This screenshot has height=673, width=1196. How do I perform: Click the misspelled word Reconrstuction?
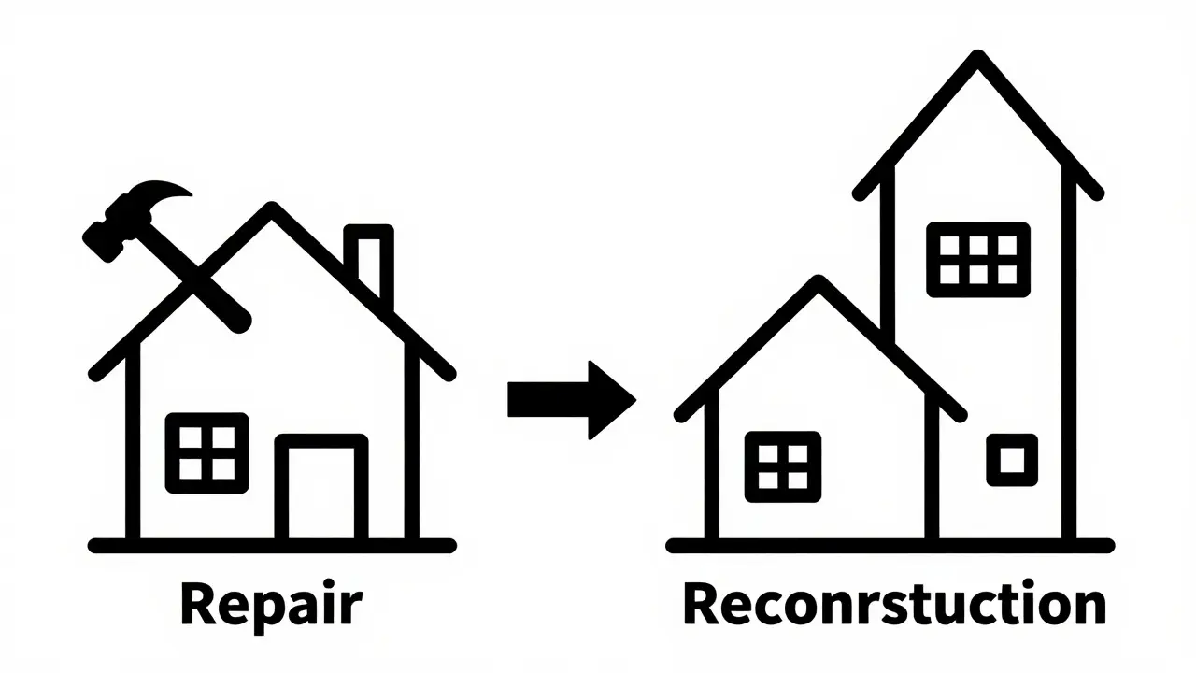pos(894,603)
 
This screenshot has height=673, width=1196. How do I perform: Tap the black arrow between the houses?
pos(571,400)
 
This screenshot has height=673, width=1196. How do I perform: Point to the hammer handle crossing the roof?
pos(192,278)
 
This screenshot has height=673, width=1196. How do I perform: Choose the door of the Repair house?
pos(321,487)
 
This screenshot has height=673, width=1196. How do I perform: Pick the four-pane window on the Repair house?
pos(207,453)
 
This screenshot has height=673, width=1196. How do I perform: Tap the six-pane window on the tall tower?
pos(978,260)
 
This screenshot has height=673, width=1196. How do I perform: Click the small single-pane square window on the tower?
pos(1012,460)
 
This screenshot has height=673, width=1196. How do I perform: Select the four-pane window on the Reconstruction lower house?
pos(783,466)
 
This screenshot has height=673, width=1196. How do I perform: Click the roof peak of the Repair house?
pos(272,208)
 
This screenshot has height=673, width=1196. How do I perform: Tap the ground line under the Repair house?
pos(272,546)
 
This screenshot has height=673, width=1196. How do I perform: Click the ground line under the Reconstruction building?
pos(890,546)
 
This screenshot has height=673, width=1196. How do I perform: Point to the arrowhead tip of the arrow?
pos(635,400)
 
